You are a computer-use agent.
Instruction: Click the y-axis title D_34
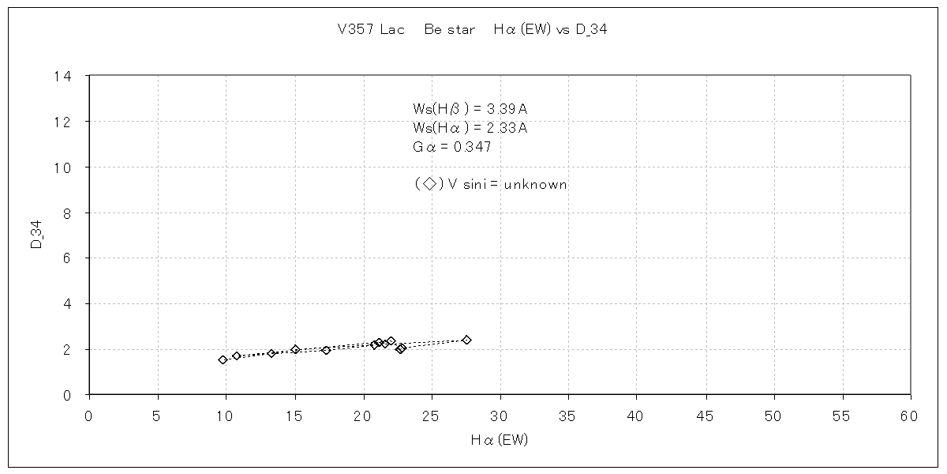click(x=36, y=235)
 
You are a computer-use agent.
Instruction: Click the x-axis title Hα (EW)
click(x=499, y=440)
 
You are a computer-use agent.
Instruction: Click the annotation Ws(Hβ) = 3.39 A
click(x=470, y=109)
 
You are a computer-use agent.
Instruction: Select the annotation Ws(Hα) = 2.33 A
click(x=470, y=128)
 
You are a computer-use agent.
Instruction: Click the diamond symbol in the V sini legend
click(x=429, y=184)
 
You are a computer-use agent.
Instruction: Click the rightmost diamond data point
click(x=466, y=340)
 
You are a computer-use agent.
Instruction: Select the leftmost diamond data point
click(x=223, y=359)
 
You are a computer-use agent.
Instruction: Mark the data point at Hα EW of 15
click(x=295, y=349)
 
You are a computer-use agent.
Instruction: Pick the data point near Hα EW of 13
click(x=271, y=353)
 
